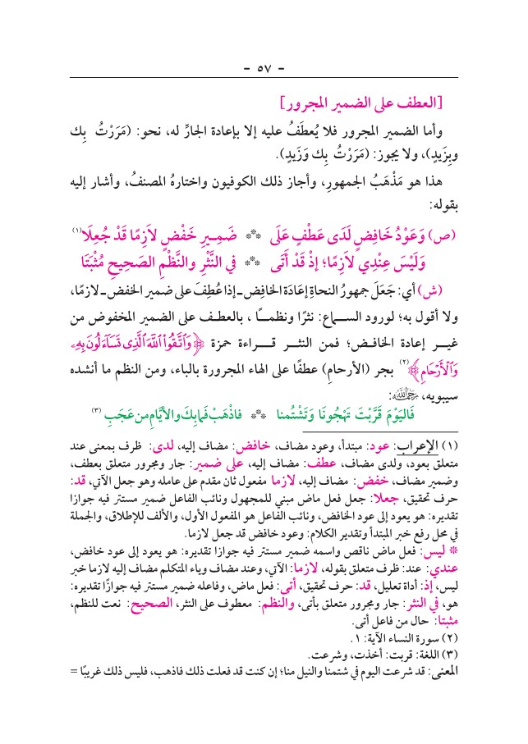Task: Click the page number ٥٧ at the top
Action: click(x=264, y=65)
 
